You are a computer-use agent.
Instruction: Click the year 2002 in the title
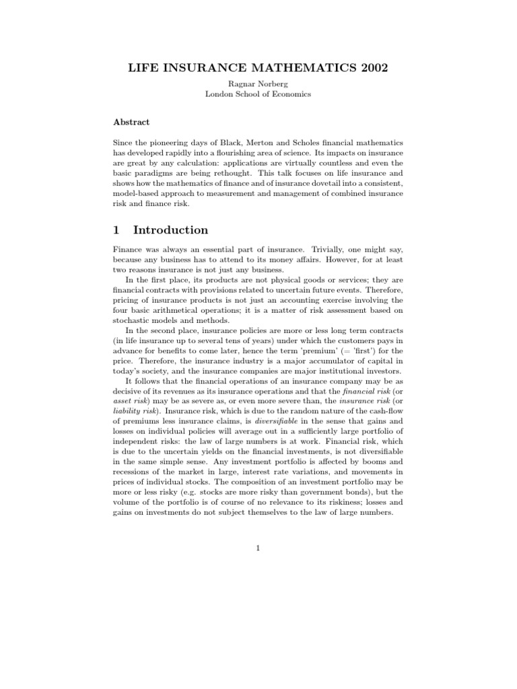point(369,68)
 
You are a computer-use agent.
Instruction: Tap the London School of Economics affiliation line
point(258,95)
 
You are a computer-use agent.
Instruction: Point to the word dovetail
point(326,185)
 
